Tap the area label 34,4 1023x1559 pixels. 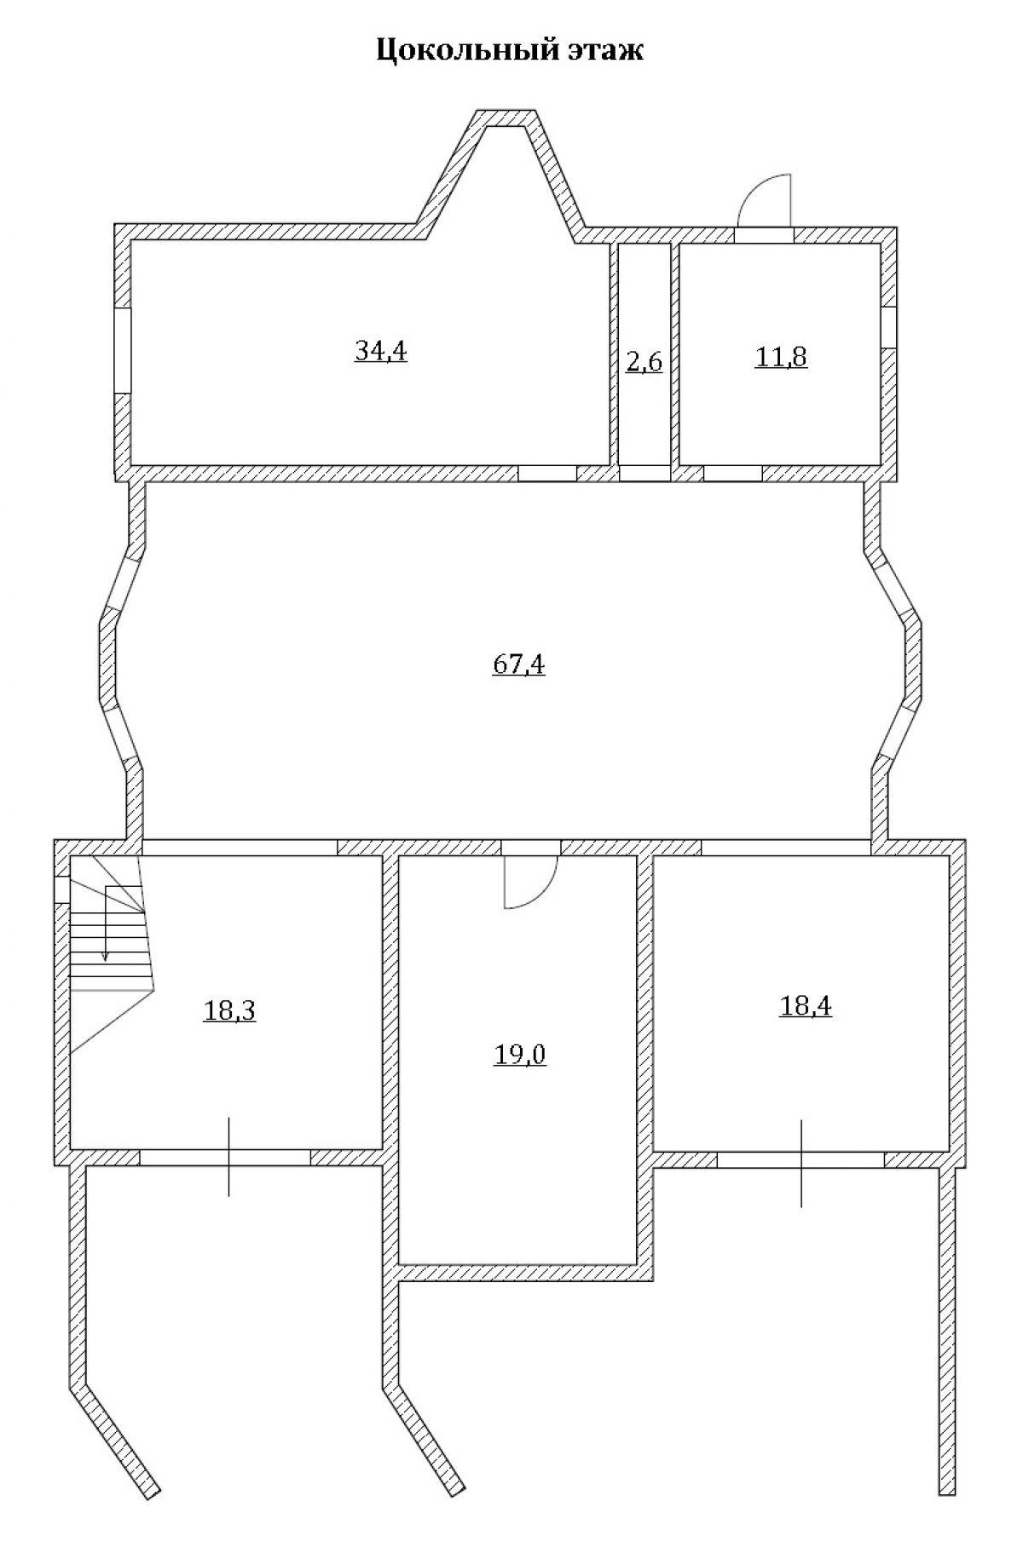click(380, 351)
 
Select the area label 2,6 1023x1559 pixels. click(644, 362)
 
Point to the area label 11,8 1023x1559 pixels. click(781, 357)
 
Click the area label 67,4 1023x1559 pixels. click(519, 664)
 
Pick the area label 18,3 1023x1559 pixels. click(230, 1011)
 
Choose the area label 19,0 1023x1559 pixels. click(520, 1056)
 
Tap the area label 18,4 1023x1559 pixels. click(806, 1006)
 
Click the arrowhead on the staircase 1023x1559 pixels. click(105, 955)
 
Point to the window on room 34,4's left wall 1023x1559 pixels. click(123, 351)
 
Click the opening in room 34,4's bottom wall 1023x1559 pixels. click(547, 474)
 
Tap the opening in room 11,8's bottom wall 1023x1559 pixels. click(732, 474)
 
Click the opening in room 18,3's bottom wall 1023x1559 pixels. click(225, 1157)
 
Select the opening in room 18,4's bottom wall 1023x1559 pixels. click(800, 1159)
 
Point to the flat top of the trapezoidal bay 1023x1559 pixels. click(506, 118)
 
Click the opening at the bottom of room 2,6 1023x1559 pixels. click(644, 474)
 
